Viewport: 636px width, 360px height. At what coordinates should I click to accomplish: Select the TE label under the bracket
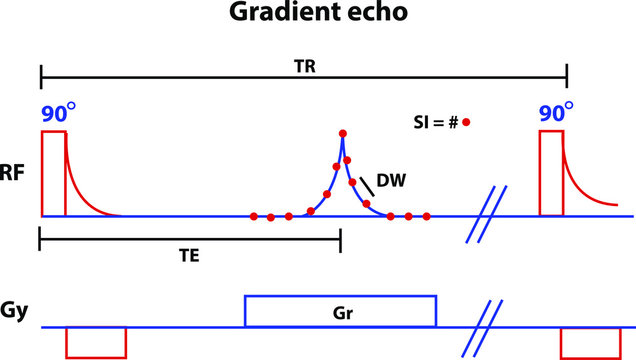190,255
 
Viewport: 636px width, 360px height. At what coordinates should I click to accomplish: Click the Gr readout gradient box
340,311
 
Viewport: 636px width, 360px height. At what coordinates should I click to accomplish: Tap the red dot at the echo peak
343,133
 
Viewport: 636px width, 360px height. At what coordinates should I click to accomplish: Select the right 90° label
555,111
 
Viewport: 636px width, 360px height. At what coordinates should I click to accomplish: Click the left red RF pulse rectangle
53,173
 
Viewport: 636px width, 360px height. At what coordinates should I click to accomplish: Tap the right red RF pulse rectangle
551,172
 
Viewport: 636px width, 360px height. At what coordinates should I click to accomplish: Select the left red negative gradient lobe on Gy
96,341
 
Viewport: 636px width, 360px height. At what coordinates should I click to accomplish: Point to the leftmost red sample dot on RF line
254,216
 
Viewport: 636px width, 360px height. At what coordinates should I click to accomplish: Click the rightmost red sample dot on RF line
427,216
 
